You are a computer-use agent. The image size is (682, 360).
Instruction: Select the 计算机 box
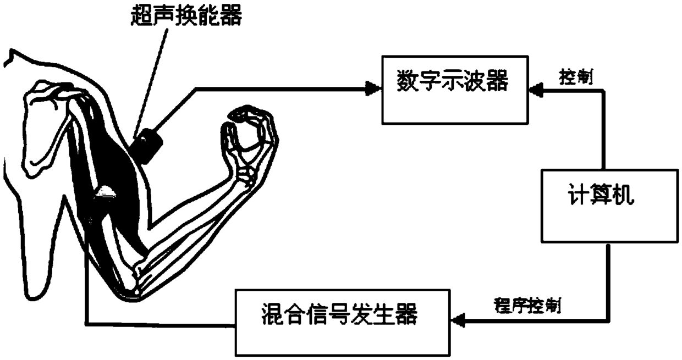[x=603, y=205]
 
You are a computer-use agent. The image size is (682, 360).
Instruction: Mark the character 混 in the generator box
[x=271, y=317]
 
